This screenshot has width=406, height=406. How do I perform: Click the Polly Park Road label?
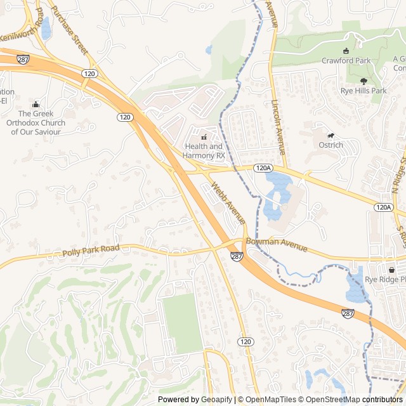(x=91, y=252)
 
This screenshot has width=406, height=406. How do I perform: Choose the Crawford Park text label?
(x=346, y=61)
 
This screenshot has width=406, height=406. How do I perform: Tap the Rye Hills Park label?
(x=363, y=91)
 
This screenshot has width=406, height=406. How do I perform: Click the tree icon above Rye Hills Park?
(x=363, y=81)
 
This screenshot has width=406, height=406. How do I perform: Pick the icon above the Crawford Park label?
(x=346, y=51)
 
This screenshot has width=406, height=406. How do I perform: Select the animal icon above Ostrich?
(x=331, y=135)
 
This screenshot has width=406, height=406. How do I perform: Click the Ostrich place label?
(x=331, y=145)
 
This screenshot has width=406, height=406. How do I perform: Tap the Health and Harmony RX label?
(x=204, y=151)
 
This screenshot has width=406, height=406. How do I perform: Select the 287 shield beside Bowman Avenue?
(x=237, y=257)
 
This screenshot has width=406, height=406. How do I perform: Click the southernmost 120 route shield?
(x=246, y=342)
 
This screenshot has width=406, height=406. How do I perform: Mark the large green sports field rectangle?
(x=182, y=324)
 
